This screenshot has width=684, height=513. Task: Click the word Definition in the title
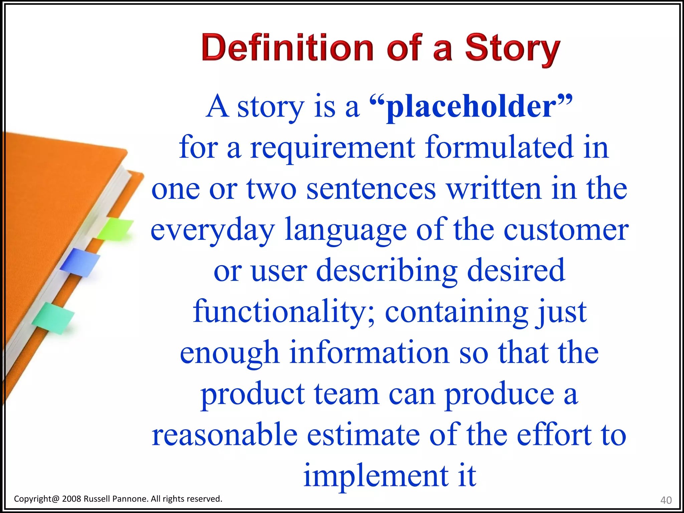(287, 48)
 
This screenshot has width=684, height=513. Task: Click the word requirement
(333, 148)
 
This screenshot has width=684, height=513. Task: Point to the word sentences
(371, 189)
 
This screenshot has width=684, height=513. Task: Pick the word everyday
(212, 230)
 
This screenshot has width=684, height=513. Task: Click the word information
(369, 353)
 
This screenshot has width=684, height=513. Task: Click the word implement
(376, 476)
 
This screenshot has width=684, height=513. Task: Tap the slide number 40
(666, 500)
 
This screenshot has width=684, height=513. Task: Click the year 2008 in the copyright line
(71, 499)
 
